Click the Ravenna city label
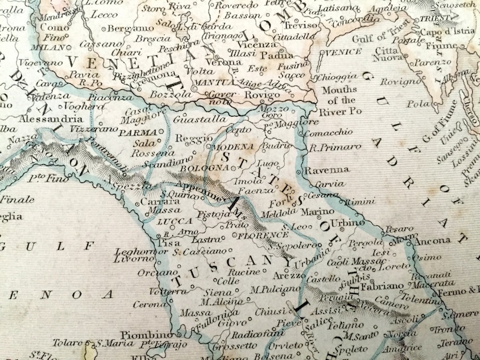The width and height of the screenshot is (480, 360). [x=327, y=170]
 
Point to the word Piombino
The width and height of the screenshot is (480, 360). [x=143, y=335]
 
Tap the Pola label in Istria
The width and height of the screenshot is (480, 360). [x=415, y=104]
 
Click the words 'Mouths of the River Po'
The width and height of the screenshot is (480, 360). [x=340, y=101]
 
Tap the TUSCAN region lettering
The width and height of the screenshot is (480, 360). [x=222, y=269]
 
